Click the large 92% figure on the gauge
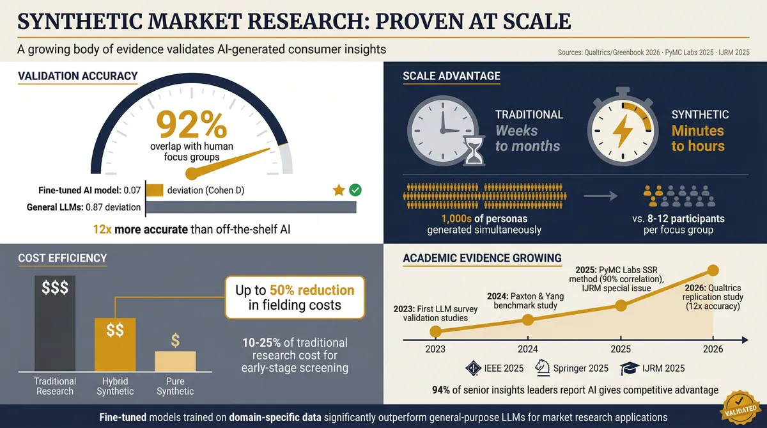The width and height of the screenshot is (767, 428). (x=191, y=124)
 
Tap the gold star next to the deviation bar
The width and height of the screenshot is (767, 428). (x=339, y=189)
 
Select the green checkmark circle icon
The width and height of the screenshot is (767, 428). (x=355, y=189)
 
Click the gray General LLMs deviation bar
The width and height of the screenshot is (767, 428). (x=251, y=207)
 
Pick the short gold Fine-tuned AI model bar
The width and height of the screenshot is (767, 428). (x=155, y=190)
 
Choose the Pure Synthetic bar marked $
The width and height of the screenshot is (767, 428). (x=175, y=361)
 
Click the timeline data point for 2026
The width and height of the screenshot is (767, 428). (x=713, y=270)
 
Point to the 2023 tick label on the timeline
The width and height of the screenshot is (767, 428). (x=435, y=349)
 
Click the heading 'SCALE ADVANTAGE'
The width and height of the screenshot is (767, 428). (x=451, y=76)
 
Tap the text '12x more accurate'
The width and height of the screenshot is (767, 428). (x=139, y=230)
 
